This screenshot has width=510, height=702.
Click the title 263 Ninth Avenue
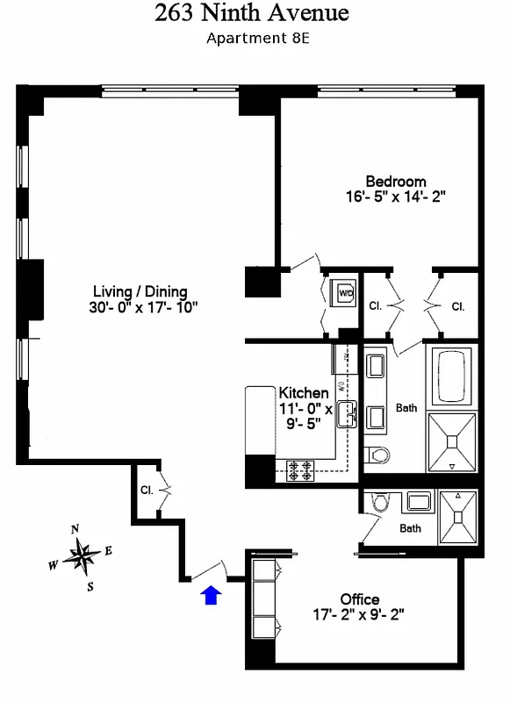252,14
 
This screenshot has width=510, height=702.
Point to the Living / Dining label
140,292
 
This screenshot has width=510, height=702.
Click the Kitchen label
304,393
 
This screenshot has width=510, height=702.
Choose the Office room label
360,599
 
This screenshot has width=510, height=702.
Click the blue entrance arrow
210,597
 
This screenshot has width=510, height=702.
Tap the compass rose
83,555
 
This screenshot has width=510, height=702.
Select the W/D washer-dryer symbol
341,292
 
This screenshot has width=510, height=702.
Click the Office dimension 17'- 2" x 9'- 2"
360,615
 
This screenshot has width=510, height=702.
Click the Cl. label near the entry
147,491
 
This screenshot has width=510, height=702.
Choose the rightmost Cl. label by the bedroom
457,306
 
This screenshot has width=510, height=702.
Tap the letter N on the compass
76,528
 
